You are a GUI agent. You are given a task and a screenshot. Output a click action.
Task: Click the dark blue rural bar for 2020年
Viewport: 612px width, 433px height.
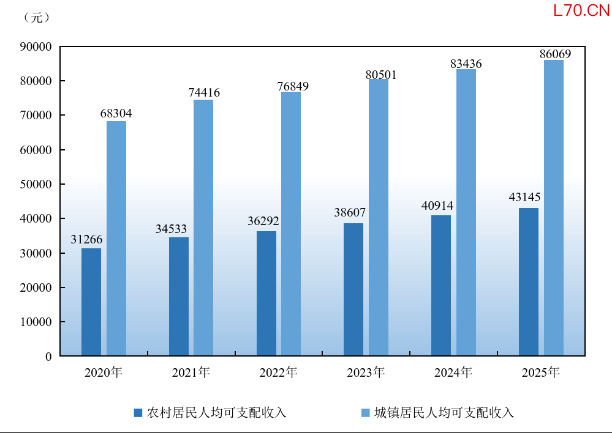coord(91,302)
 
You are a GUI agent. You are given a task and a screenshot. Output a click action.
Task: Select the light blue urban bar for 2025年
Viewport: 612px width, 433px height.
coord(554,208)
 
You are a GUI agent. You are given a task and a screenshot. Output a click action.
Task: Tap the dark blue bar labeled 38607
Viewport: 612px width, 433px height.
coord(353,289)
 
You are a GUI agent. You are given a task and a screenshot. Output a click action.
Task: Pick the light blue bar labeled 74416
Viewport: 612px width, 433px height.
coord(203,228)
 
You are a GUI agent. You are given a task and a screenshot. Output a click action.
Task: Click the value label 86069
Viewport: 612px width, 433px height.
coord(556,54)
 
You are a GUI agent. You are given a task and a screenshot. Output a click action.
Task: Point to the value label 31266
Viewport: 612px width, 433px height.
coord(86,239)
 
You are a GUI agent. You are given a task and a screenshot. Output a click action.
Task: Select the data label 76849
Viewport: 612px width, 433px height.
coord(293,86)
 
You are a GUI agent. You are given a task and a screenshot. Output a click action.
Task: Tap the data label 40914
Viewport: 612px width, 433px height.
coord(437,205)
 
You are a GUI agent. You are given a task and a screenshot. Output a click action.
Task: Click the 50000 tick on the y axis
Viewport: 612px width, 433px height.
coord(36,184)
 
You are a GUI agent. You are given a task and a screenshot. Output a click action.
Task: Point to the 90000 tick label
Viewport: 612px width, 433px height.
coord(36,46)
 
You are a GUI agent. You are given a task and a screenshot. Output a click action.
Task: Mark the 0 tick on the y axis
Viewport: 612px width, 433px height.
coord(48,357)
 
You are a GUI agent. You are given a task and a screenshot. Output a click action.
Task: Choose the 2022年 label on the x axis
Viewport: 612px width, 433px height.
coord(278,372)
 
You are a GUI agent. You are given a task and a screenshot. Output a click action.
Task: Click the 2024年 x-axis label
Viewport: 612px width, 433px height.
coord(453,372)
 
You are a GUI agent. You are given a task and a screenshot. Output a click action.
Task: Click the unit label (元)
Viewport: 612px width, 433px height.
coord(37,18)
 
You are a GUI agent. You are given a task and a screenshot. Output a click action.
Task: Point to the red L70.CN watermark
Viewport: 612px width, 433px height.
coord(581,10)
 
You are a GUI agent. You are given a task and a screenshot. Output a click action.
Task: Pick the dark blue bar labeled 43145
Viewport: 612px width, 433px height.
coord(529,282)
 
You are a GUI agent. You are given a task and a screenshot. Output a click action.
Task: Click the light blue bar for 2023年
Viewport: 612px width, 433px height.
coord(379,218)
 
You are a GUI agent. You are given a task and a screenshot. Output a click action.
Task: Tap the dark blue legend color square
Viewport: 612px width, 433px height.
coord(138,413)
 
